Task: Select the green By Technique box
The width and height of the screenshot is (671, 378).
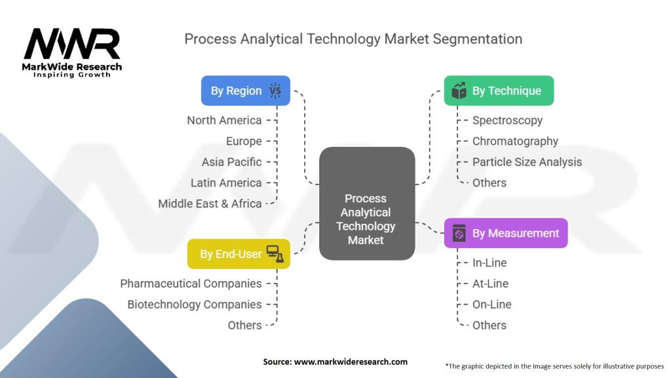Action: (x=499, y=91)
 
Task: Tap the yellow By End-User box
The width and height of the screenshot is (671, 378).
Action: (x=239, y=253)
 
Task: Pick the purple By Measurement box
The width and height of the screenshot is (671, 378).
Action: (x=506, y=233)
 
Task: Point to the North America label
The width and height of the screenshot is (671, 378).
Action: (x=224, y=120)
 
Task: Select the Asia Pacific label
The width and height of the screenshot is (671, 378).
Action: (x=231, y=162)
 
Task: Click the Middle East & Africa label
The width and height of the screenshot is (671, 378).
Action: (x=210, y=203)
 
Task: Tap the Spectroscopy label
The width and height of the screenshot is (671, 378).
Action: (x=507, y=120)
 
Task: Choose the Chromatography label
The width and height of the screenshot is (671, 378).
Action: (x=515, y=141)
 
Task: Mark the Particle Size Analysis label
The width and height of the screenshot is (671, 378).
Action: (x=527, y=162)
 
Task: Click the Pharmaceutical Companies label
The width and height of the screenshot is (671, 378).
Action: (x=191, y=283)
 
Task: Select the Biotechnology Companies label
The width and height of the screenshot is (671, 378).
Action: (x=195, y=304)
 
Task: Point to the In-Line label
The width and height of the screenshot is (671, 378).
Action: (x=489, y=262)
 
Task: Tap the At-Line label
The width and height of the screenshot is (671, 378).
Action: (x=490, y=283)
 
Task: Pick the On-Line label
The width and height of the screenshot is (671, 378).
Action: (x=491, y=304)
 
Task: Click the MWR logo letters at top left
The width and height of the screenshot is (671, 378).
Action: (x=72, y=45)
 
